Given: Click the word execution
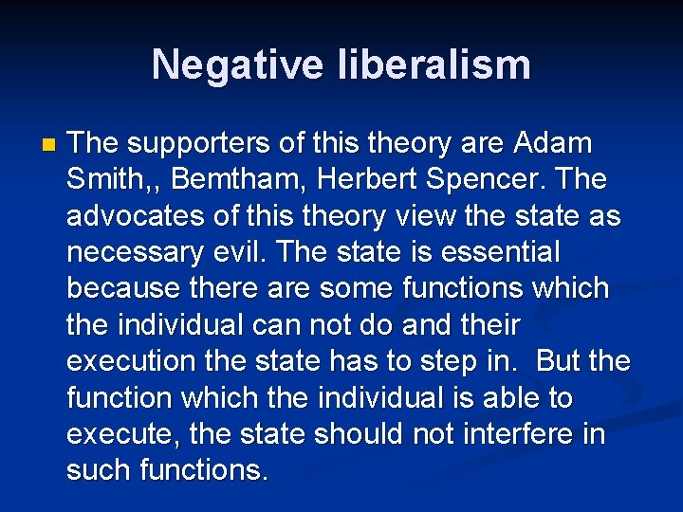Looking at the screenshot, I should click(131, 361).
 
